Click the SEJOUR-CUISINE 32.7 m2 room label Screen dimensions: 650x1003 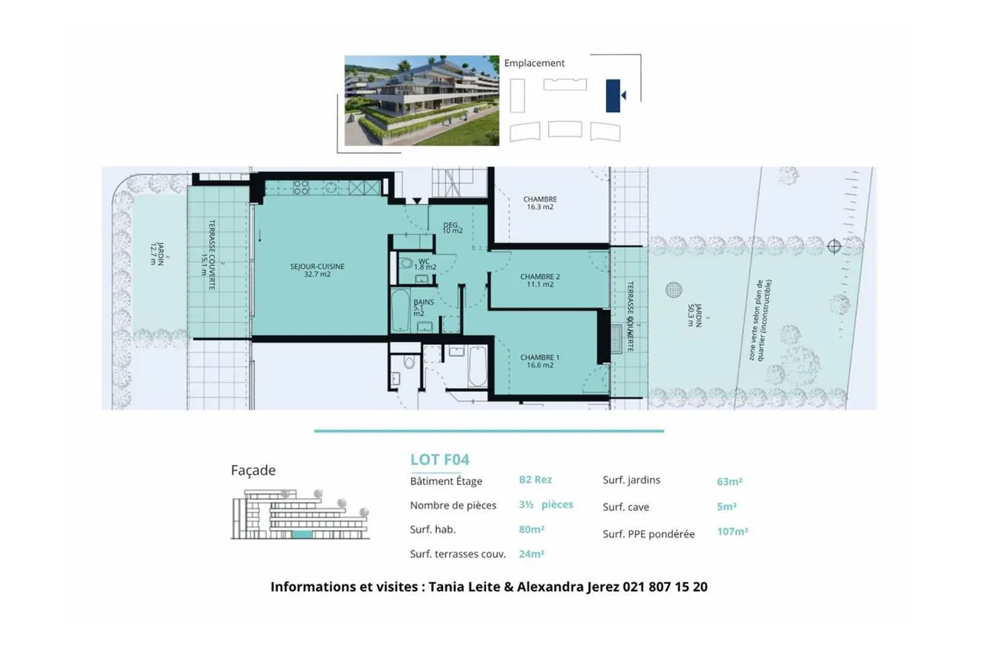pos(317,270)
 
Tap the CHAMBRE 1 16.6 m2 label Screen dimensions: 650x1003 pos(540,361)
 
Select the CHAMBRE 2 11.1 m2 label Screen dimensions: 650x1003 pos(540,280)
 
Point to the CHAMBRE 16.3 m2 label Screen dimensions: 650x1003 pos(540,203)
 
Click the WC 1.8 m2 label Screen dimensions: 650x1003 pos(425,264)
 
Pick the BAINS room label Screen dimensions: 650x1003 pos(423,307)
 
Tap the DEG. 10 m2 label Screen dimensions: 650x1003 pos(452,228)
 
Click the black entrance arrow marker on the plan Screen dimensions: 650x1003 pos(417,201)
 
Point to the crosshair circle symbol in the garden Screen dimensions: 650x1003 pos(834,246)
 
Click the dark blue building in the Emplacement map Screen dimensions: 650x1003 pos(612,95)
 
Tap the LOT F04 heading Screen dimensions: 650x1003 pos(440,459)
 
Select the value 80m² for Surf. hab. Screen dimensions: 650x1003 pos(531,530)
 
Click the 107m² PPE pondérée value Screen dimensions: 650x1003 pos(732,532)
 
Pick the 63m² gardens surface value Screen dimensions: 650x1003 pos(729,482)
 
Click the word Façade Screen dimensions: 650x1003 pos(253,470)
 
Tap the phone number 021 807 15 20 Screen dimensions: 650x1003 pos(664,587)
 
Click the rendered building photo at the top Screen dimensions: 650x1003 pos(421,101)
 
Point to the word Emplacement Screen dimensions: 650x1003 pos(534,63)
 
